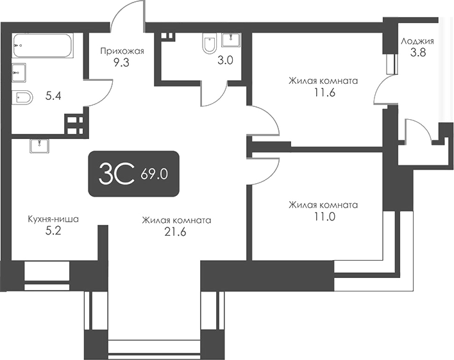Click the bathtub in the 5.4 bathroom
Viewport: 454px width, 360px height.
point(43,45)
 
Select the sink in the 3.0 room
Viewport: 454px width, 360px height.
point(231,40)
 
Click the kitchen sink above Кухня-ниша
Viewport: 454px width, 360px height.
point(39,146)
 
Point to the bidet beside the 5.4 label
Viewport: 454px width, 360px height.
point(22,98)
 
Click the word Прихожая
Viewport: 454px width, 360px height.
point(122,52)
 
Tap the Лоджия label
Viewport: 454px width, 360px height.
point(417,42)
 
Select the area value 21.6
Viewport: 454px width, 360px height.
point(175,232)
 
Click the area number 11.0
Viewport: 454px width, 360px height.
point(324,217)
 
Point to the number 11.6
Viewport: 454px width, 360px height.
point(324,93)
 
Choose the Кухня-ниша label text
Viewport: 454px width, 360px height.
point(53,220)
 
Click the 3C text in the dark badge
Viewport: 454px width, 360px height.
point(117,174)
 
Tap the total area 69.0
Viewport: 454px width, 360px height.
point(155,174)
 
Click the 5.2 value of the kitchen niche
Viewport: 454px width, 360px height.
point(54,231)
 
